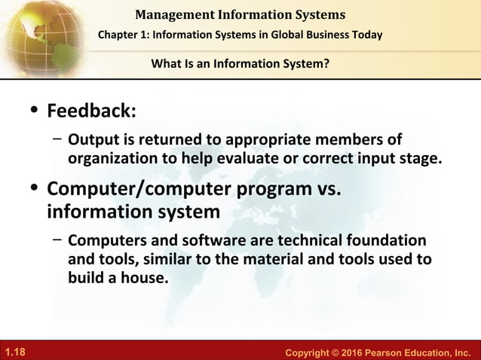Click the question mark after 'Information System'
(x=326, y=63)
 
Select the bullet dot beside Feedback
(x=33, y=111)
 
